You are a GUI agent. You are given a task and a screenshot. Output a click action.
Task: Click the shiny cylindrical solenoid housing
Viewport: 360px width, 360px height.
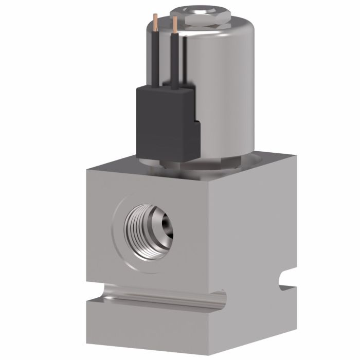(x=226, y=87)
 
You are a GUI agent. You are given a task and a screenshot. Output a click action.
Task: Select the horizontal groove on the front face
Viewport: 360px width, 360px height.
(x=154, y=297)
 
